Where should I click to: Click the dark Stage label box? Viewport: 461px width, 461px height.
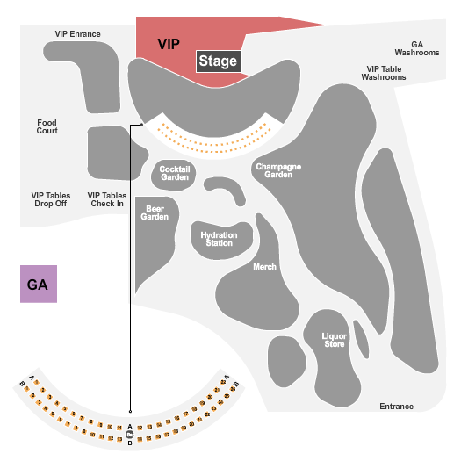[x=218, y=61]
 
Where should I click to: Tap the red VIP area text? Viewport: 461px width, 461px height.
[x=169, y=43]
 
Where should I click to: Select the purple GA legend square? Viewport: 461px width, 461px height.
[x=39, y=285]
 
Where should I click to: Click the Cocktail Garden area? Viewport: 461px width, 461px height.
[x=175, y=173]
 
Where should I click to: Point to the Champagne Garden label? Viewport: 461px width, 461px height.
[x=278, y=169]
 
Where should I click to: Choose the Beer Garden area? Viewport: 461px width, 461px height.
[x=156, y=213]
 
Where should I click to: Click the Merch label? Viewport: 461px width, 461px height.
[x=264, y=267]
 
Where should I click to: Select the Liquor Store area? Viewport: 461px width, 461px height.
[x=335, y=339]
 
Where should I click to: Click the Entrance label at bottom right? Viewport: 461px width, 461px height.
[x=396, y=407]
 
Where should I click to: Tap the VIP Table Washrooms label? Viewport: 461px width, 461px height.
[x=385, y=73]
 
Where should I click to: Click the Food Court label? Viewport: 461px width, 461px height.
[x=47, y=127]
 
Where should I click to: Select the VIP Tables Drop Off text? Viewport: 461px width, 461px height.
[x=50, y=199]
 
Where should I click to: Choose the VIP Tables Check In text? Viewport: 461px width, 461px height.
[x=107, y=199]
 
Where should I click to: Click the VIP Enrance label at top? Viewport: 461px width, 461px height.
[x=77, y=34]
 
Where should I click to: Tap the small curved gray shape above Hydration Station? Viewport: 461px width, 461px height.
[x=227, y=190]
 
